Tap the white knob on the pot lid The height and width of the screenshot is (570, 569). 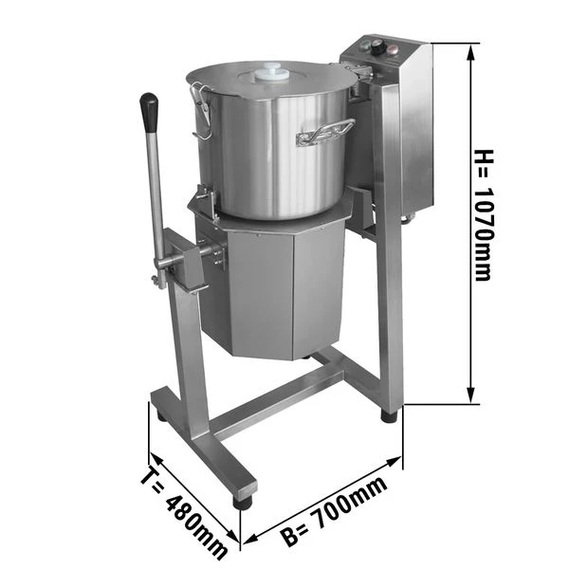coord(274,71)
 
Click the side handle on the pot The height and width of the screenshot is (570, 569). coord(325,133)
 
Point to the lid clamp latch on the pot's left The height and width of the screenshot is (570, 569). coord(200,103)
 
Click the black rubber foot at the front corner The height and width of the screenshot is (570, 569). coord(244,502)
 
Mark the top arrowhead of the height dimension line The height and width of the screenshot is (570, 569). coord(470,47)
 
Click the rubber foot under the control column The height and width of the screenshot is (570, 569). coord(389,415)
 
